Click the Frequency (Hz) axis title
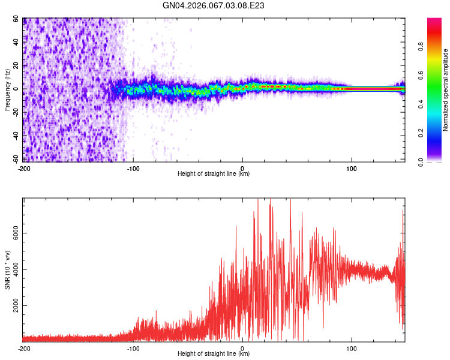8,90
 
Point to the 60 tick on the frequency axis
16,19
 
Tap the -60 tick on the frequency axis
15,159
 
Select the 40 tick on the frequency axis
16,43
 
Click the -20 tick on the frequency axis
15,112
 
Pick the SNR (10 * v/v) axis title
8,270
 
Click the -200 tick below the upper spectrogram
24,168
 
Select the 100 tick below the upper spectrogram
352,168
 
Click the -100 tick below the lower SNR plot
133,348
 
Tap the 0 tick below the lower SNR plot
242,348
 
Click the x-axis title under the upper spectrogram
214,174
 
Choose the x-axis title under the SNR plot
214,354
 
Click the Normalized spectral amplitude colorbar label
445,90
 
